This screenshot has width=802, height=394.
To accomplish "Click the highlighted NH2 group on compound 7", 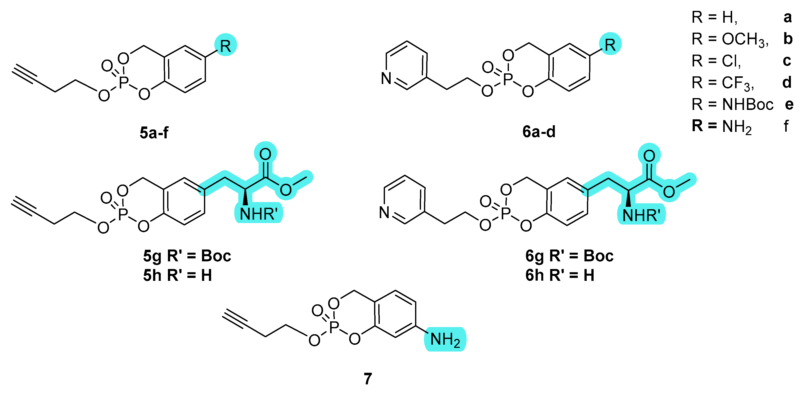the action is [x=445, y=339].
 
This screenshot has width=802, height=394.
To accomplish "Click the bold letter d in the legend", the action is [x=787, y=83].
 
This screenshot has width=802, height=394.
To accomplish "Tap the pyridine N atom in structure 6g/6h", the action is [x=384, y=212].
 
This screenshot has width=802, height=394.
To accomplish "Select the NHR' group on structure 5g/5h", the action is [x=259, y=214].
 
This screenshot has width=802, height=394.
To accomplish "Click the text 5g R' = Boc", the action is [x=187, y=256].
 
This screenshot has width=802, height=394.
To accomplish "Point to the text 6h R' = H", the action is [x=560, y=275].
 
